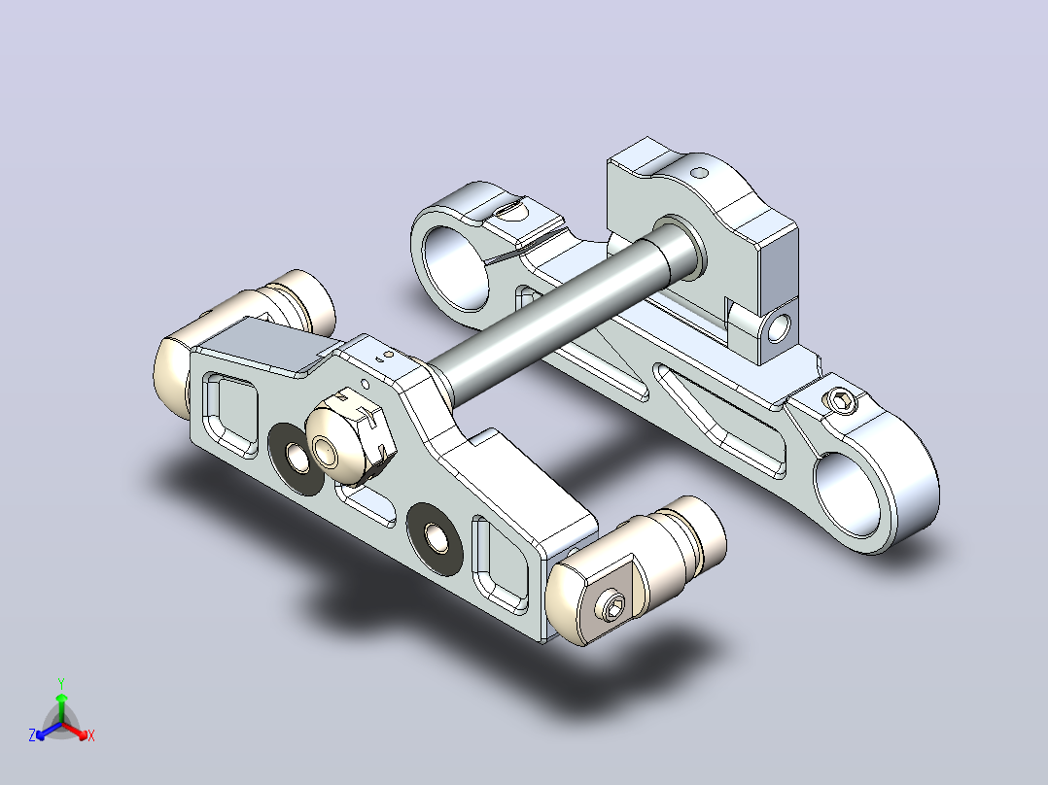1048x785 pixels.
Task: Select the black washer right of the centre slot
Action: [435, 538]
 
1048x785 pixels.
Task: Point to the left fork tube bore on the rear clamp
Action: [457, 268]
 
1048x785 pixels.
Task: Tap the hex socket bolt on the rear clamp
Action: [840, 401]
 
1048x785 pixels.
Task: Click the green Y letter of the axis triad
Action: [61, 683]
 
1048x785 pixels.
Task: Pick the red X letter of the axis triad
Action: [91, 735]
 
